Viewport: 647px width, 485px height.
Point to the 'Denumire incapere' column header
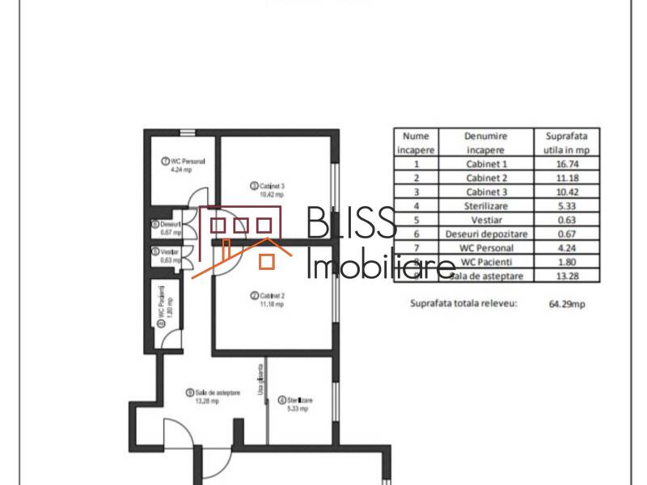tap(486, 143)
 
